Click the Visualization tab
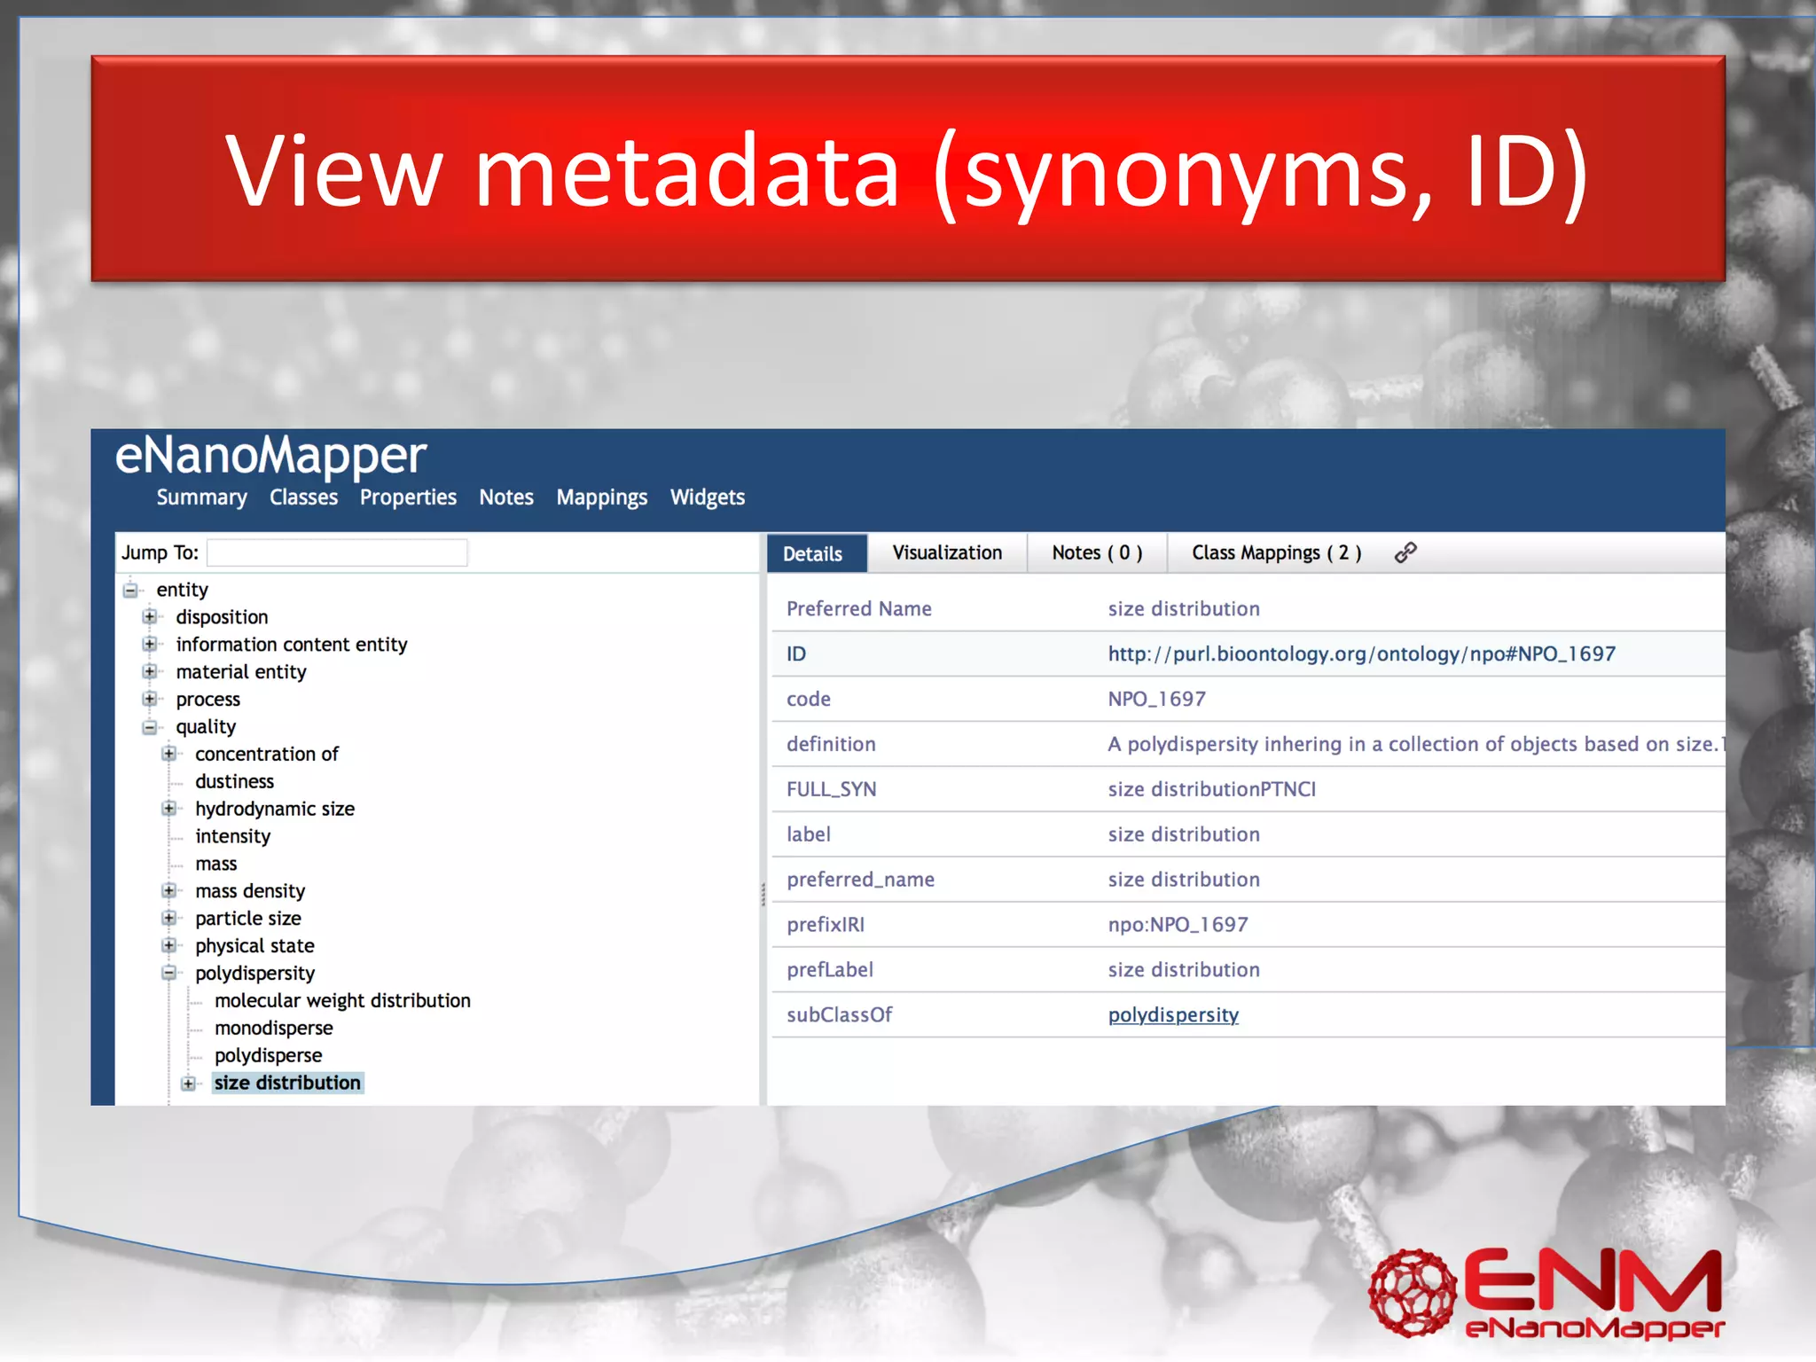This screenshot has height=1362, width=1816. point(946,552)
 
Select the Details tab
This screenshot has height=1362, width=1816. point(812,553)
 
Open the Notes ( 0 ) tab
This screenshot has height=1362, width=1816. point(1096,552)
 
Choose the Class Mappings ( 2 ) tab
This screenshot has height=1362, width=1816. point(1275,552)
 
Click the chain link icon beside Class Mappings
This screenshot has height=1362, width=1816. point(1405,552)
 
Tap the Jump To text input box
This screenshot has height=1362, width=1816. point(337,552)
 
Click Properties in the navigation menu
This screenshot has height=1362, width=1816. point(408,497)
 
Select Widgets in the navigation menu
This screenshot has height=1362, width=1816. point(707,497)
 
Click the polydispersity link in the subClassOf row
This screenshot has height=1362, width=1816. point(1172,1014)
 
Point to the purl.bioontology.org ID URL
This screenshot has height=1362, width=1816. point(1361,654)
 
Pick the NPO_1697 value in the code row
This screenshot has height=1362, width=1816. point(1156,699)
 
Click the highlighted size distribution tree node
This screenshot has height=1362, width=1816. point(287,1083)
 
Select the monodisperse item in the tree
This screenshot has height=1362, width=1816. point(273,1028)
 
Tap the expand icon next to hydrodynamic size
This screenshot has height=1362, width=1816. point(168,809)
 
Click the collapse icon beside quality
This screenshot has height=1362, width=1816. point(149,727)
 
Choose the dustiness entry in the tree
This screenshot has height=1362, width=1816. point(234,781)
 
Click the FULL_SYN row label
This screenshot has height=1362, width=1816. point(831,789)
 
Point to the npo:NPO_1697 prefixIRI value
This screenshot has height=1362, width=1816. point(1178,924)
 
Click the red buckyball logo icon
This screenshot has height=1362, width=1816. point(1411,1292)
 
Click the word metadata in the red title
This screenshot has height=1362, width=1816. point(687,170)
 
